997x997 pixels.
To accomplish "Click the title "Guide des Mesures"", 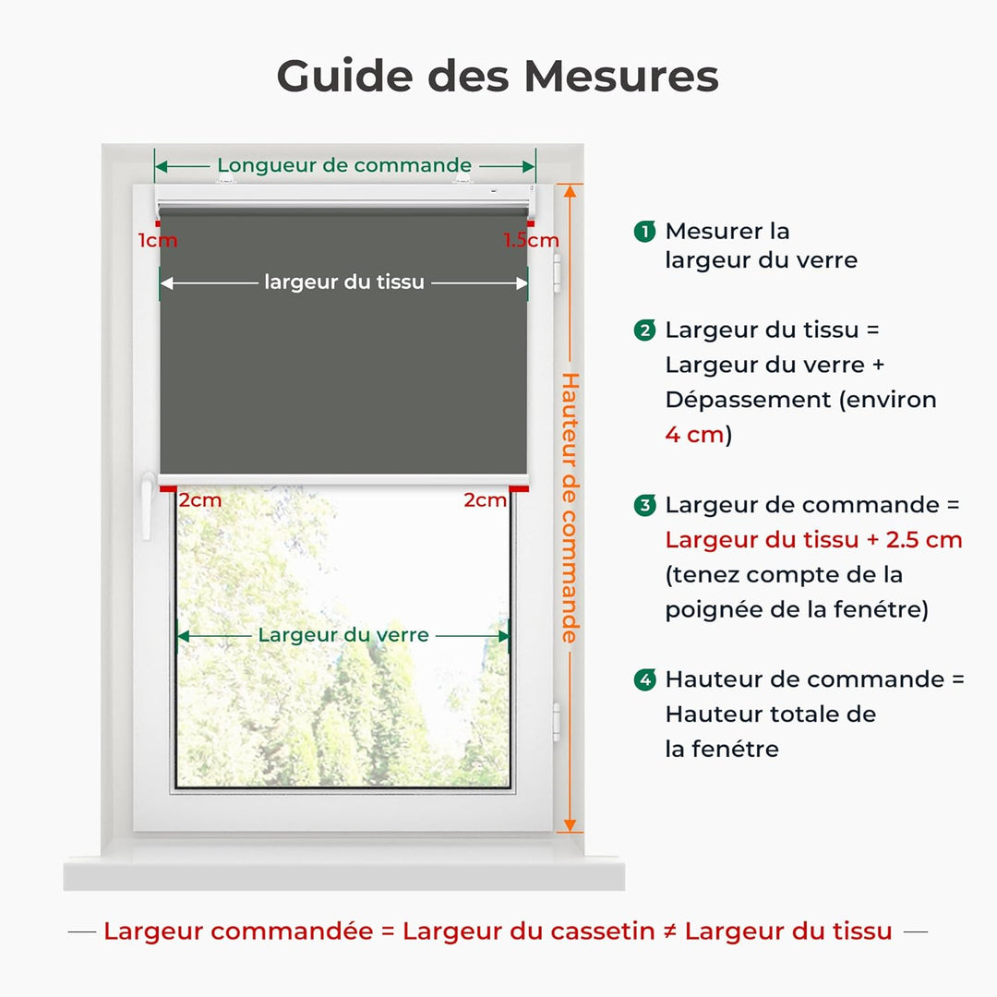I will (498, 76).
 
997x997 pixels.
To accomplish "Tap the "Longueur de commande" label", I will (344, 166).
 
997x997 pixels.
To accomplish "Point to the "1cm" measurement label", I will (158, 241).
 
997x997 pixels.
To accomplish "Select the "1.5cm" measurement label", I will (531, 241).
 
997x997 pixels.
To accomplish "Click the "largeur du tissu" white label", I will (344, 282).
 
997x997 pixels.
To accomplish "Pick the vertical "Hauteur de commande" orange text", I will (571, 508).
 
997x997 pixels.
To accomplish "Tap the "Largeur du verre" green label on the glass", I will (343, 635).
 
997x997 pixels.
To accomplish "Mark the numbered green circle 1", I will (645, 232).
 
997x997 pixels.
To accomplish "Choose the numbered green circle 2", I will (645, 330).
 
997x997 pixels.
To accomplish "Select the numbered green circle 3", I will (645, 506).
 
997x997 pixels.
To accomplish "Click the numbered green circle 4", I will (645, 680).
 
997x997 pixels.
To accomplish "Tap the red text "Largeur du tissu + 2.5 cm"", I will (813, 540).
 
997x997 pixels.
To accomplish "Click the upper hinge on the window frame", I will (557, 272).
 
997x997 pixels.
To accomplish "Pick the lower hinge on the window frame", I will (557, 721).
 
